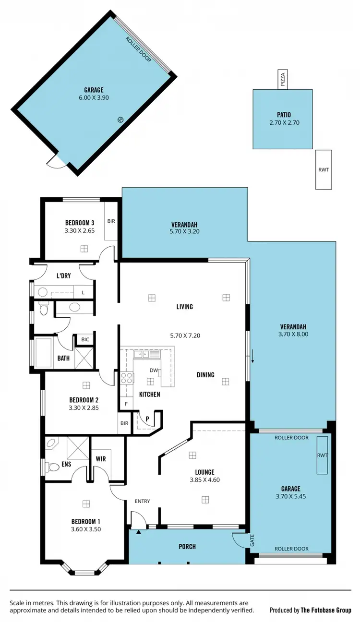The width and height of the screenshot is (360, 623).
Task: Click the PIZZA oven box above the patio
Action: (283, 79)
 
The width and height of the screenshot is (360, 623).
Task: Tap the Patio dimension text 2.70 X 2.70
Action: (283, 123)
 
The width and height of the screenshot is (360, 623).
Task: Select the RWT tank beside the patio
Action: (324, 169)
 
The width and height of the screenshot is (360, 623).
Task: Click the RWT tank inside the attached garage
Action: (322, 455)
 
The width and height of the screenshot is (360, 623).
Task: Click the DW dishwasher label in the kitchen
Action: (154, 370)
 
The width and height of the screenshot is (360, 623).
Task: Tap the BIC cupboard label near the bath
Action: (85, 339)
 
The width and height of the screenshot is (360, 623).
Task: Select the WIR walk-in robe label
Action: (101, 459)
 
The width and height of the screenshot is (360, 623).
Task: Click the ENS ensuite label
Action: (66, 464)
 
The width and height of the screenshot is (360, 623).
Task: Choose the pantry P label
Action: (147, 419)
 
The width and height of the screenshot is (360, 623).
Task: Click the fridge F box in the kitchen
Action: (126, 404)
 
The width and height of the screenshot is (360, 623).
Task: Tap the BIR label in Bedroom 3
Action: (111, 222)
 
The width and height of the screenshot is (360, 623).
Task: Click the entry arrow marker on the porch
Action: (139, 532)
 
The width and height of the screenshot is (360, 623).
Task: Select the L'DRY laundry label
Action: (64, 276)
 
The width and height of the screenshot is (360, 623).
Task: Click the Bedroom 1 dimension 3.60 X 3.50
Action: (86, 529)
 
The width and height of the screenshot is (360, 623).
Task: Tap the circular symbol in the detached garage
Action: (121, 120)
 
